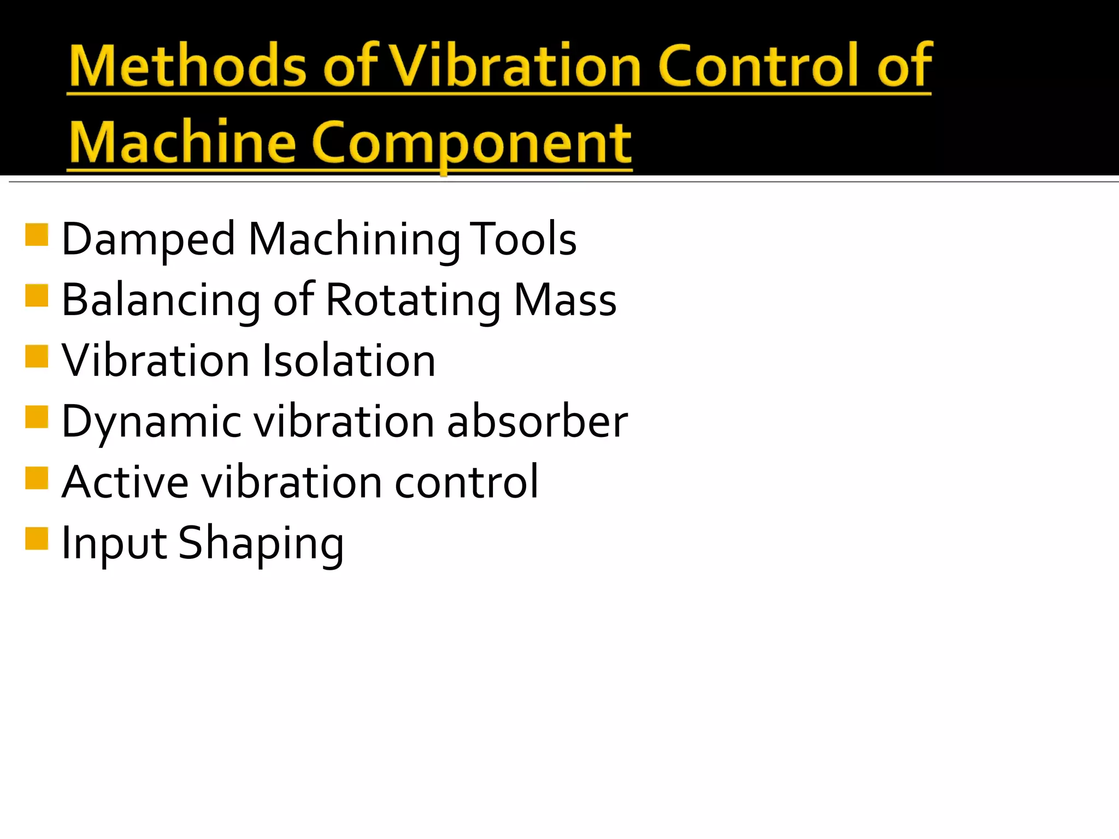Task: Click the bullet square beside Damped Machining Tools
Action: pyautogui.click(x=37, y=235)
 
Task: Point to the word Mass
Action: pyautogui.click(x=565, y=300)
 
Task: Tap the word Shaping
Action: pyautogui.click(x=261, y=543)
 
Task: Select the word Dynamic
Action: pyautogui.click(x=151, y=422)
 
